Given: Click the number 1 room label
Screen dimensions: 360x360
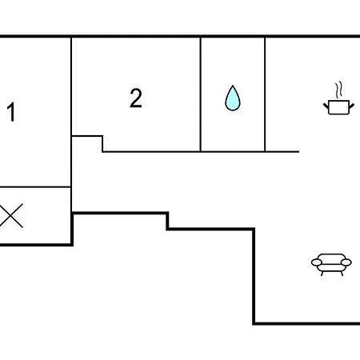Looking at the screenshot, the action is click(x=11, y=112).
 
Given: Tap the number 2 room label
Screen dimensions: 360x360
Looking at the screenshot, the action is click(x=136, y=98).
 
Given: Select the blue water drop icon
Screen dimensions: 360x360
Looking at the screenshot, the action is click(x=233, y=98).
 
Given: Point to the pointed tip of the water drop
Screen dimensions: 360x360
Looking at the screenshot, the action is click(x=233, y=86).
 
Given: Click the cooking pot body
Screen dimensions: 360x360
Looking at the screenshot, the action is click(x=338, y=107).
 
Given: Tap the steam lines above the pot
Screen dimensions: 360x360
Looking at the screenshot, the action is click(x=338, y=90).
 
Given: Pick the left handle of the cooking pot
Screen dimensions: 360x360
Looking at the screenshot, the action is click(x=326, y=106).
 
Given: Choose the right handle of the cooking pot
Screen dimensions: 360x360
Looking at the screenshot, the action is click(x=352, y=106).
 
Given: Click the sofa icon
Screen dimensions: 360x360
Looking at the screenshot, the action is click(x=331, y=265).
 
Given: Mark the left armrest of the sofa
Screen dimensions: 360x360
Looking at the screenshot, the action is click(x=317, y=262).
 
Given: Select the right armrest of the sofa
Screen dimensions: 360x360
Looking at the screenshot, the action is click(x=346, y=262).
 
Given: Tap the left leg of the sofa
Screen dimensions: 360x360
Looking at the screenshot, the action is click(x=322, y=274).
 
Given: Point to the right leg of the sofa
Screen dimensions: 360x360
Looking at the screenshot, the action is click(x=342, y=274).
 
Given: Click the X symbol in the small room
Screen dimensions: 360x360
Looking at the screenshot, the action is click(x=10, y=216).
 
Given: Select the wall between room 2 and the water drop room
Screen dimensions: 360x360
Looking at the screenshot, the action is click(x=200, y=94).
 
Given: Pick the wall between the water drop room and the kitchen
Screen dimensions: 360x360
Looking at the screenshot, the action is click(x=265, y=94).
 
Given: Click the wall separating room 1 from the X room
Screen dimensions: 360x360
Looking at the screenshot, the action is click(x=35, y=187).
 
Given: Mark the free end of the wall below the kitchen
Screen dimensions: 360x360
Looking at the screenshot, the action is click(x=298, y=152).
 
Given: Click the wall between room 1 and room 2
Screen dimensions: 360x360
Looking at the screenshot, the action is click(x=71, y=112).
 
